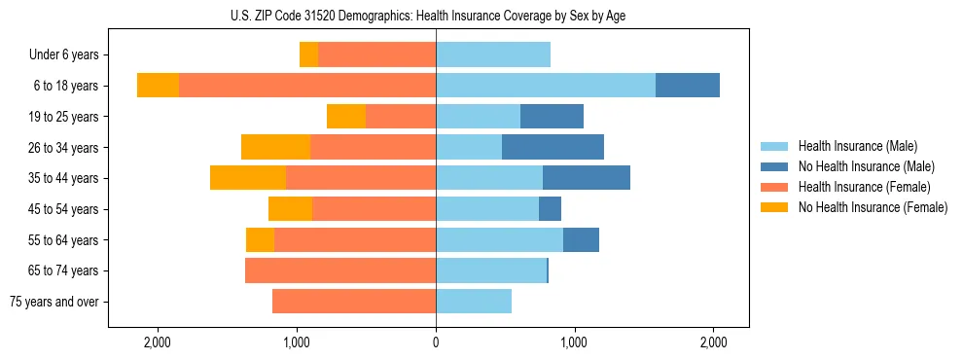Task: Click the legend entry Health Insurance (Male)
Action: point(858,146)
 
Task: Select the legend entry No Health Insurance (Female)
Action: point(873,207)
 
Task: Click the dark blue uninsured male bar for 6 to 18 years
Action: point(688,86)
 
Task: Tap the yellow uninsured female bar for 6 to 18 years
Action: point(158,86)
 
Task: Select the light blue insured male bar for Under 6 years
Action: point(493,55)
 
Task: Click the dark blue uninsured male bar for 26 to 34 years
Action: point(553,147)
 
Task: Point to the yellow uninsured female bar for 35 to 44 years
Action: point(247,178)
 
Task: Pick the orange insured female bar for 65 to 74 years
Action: point(340,270)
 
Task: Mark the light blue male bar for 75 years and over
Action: point(474,302)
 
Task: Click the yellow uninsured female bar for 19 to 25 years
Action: point(345,117)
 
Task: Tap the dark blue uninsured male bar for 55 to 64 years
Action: point(581,239)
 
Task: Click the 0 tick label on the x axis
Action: point(436,342)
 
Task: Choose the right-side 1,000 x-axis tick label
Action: point(574,342)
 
